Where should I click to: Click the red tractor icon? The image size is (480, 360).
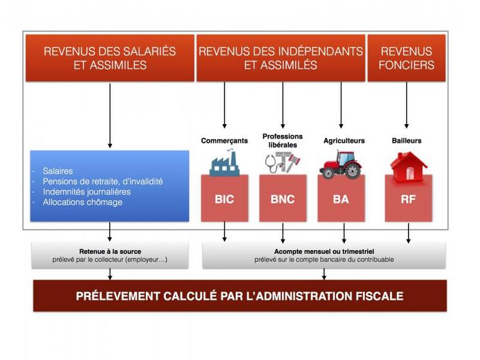pyautogui.click(x=340, y=165)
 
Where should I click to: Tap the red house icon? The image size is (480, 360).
pyautogui.click(x=408, y=165)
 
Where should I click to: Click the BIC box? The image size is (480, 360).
pyautogui.click(x=224, y=199)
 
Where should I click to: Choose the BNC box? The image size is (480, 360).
pyautogui.click(x=282, y=199)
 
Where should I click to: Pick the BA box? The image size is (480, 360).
pyautogui.click(x=341, y=199)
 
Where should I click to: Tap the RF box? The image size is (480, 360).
pyautogui.click(x=408, y=199)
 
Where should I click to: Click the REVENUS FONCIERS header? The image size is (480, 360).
pyautogui.click(x=406, y=58)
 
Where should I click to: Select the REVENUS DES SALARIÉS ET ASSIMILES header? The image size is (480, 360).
pyautogui.click(x=110, y=58)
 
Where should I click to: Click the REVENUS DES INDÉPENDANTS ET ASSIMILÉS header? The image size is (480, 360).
pyautogui.click(x=280, y=58)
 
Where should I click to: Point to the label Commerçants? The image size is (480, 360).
pyautogui.click(x=224, y=140)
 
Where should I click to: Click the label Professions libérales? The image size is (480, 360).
pyautogui.click(x=282, y=140)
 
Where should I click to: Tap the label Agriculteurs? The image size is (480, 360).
pyautogui.click(x=344, y=140)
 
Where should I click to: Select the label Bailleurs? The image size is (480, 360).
pyautogui.click(x=407, y=140)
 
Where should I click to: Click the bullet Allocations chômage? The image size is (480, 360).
pyautogui.click(x=82, y=202)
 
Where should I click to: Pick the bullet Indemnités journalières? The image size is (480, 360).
pyautogui.click(x=86, y=192)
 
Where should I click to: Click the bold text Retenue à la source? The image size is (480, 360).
pyautogui.click(x=110, y=251)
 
